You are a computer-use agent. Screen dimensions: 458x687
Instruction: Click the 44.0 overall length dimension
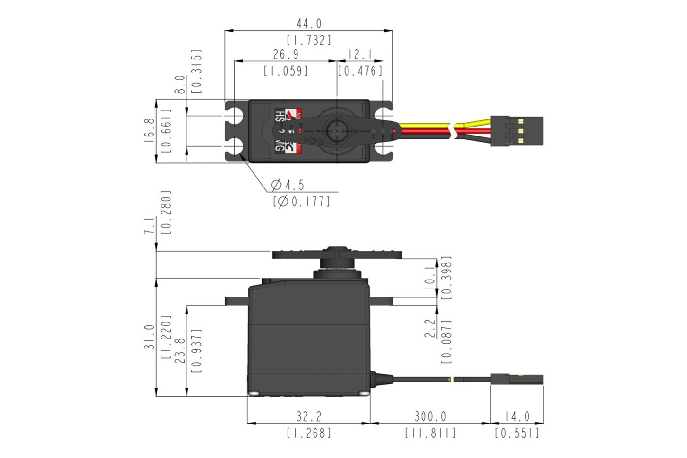(x=308, y=24)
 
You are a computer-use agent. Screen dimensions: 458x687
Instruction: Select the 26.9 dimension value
(x=285, y=54)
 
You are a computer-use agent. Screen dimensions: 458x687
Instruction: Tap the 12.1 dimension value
(x=360, y=54)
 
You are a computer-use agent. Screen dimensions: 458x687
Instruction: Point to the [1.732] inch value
(x=309, y=41)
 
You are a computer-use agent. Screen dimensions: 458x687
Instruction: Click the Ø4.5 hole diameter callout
(x=288, y=184)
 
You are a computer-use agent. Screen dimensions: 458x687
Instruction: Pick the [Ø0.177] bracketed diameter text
(x=301, y=202)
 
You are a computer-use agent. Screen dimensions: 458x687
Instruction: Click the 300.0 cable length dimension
(x=430, y=417)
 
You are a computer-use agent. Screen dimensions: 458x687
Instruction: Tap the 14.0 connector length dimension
(x=517, y=417)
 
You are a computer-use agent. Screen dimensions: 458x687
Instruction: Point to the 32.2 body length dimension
(x=309, y=417)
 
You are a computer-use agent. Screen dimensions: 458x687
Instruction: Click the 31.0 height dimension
(x=149, y=337)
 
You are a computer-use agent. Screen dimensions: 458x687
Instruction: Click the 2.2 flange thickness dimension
(x=430, y=328)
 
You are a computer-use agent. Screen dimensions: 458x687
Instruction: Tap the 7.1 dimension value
(x=149, y=226)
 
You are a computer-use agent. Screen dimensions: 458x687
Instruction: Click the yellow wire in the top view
(x=425, y=125)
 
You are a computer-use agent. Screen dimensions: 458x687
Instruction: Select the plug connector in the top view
(x=517, y=131)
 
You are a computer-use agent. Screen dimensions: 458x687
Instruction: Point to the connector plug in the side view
(x=517, y=379)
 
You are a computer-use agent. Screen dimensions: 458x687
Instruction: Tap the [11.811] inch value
(x=430, y=433)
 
